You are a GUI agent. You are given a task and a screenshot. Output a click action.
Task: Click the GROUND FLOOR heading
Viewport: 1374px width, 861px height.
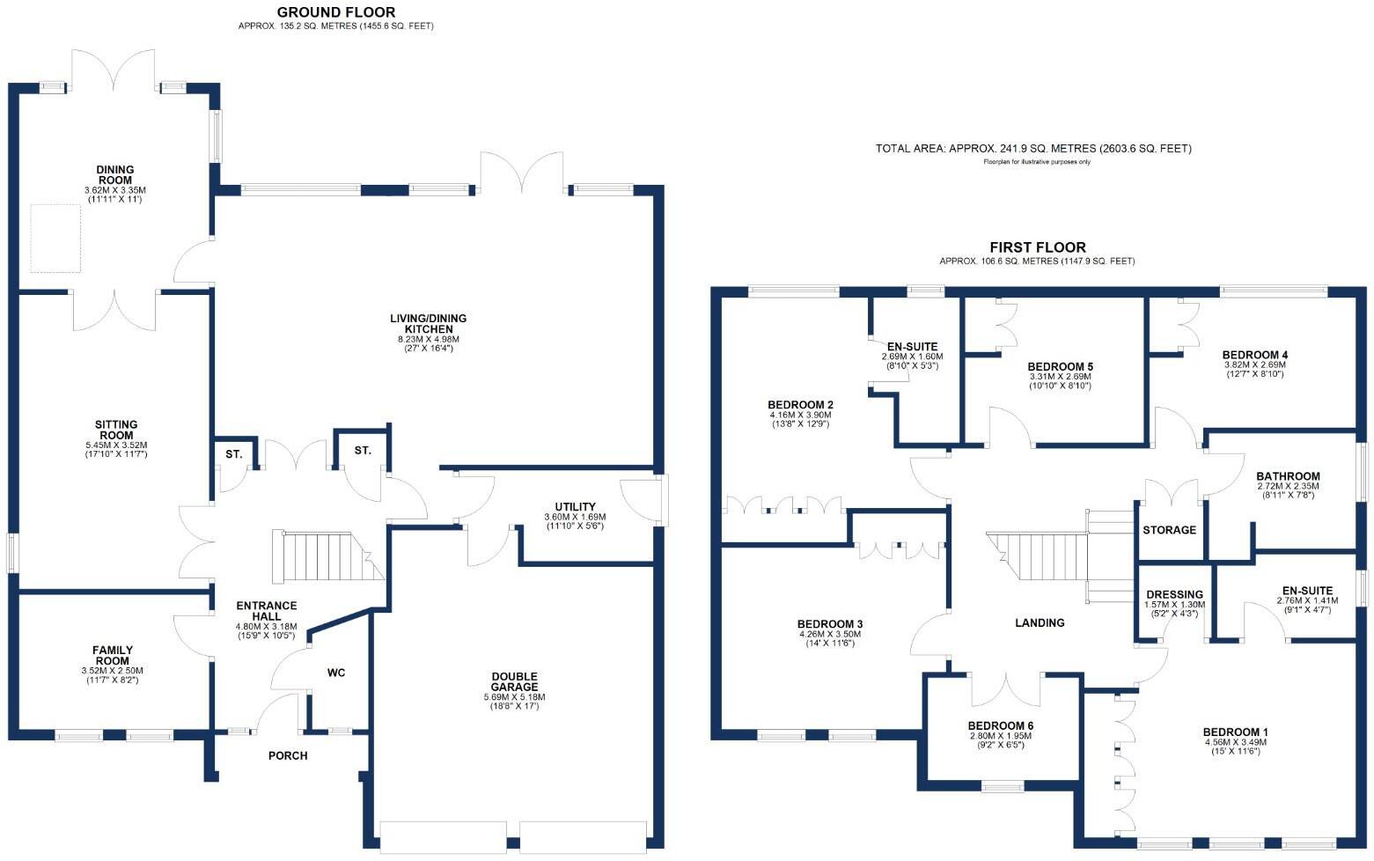click(335, 12)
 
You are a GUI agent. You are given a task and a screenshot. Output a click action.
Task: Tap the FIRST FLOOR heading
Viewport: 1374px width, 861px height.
click(1037, 247)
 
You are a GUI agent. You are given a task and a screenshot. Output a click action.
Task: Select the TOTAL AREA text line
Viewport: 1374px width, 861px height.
click(1033, 149)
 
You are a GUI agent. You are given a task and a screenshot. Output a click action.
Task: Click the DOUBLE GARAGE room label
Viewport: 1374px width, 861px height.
click(514, 682)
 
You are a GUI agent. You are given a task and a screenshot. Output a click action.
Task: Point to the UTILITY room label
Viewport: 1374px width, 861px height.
click(575, 507)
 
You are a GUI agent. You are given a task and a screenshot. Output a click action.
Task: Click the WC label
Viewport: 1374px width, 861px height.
click(336, 673)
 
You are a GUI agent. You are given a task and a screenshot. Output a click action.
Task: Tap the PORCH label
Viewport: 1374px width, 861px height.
click(288, 755)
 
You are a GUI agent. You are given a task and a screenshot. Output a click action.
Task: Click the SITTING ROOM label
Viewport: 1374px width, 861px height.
click(116, 430)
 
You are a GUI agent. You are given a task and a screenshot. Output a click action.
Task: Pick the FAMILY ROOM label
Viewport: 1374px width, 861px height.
click(112, 656)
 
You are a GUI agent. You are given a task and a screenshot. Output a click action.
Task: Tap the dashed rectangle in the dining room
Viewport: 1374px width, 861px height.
click(56, 238)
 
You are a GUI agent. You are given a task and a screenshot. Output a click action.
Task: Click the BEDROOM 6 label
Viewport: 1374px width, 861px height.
click(1001, 726)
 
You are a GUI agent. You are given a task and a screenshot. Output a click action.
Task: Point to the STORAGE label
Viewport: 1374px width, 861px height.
click(1169, 530)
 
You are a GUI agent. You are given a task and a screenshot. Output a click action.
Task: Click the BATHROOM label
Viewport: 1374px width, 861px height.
click(1288, 476)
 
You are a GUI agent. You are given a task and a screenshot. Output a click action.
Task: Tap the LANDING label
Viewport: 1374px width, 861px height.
click(1040, 622)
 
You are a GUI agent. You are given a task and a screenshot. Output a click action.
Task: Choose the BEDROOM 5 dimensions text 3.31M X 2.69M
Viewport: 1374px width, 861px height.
click(1060, 377)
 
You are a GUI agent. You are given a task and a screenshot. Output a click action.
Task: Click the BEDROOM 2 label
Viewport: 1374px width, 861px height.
click(800, 405)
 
